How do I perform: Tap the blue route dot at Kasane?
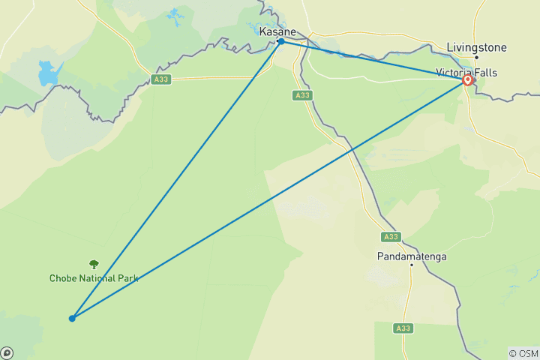[x=280, y=41]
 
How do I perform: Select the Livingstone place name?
[x=476, y=47]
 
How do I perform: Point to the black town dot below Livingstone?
[x=476, y=57]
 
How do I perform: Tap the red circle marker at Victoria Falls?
[x=468, y=80]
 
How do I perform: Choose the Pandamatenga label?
[x=411, y=256]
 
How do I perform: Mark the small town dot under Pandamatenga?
[x=411, y=265]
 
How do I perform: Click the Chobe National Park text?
[x=94, y=277]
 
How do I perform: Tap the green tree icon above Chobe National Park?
[x=94, y=264]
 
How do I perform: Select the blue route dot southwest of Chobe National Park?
[x=72, y=318]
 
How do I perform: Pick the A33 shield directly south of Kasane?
[x=301, y=95]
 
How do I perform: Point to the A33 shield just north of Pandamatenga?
[x=390, y=237]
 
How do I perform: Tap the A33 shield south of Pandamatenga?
[x=404, y=327]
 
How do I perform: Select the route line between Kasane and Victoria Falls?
[x=375, y=61]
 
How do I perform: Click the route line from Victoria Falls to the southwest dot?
[x=270, y=199]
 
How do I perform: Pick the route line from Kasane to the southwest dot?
[x=176, y=180]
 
